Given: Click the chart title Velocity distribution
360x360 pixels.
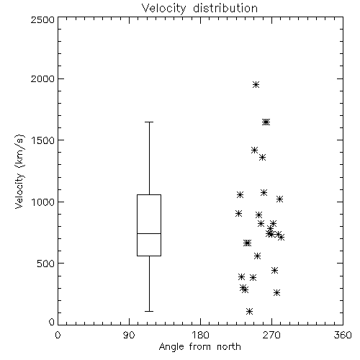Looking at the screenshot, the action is (x=199, y=8).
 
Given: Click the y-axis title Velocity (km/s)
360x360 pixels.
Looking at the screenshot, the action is (x=19, y=171).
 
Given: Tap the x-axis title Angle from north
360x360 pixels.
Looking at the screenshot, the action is (x=199, y=347).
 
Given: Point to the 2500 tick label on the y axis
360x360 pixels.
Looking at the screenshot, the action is (x=42, y=19).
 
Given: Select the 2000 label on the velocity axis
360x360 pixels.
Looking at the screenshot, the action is (x=42, y=78).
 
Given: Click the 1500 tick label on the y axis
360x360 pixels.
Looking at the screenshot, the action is (x=43, y=140).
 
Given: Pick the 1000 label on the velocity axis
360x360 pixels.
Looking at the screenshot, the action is (x=43, y=202).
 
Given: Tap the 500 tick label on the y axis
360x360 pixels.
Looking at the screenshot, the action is (x=46, y=264).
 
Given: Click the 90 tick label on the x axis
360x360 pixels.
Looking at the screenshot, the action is (x=129, y=335).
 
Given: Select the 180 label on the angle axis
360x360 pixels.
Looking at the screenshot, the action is (x=200, y=335).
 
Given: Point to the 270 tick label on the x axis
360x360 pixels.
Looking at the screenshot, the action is (x=271, y=335).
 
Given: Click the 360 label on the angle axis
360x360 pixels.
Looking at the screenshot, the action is (x=343, y=335).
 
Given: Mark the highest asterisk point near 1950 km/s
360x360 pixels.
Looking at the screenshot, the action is (x=256, y=84).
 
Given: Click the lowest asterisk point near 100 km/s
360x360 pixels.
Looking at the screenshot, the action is (x=249, y=311).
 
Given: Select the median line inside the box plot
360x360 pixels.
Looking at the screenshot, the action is (x=149, y=233).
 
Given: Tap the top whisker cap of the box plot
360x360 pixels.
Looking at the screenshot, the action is (x=149, y=122).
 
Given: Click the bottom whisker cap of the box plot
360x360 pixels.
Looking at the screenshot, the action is (x=149, y=311).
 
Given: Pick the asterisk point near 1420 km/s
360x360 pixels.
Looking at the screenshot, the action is (x=254, y=150).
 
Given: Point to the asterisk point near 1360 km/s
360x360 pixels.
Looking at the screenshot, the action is (x=262, y=158).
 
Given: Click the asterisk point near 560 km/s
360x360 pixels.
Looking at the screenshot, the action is (x=257, y=256).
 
